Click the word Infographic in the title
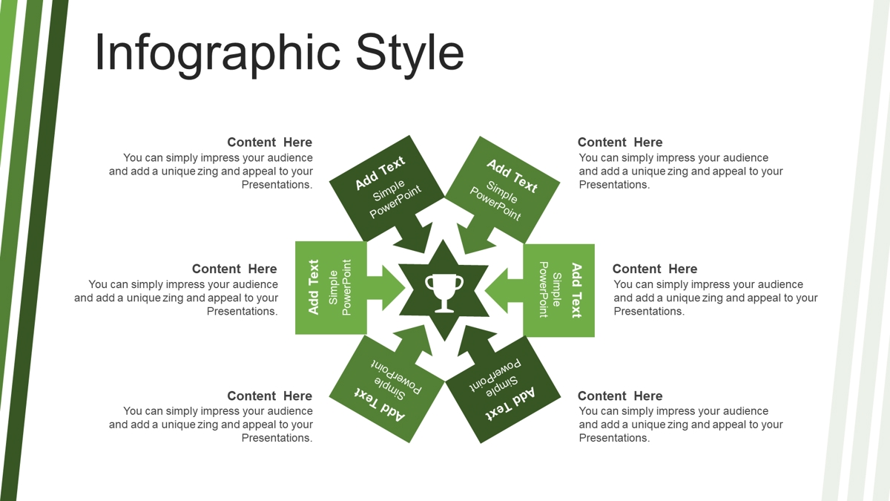218,53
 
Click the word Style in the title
409,53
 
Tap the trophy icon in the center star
444,292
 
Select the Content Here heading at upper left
269,142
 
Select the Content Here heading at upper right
620,142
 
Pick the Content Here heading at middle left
234,269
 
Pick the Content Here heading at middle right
655,269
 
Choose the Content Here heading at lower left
269,396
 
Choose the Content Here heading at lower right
620,396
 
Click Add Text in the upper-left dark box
380,172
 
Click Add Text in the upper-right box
512,176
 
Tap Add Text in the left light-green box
314,287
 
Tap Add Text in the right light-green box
576,290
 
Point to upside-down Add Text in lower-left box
380,404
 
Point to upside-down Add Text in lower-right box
510,404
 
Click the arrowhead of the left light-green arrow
393,288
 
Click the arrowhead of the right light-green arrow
496,291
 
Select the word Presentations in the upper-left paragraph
277,185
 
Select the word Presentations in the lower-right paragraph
614,438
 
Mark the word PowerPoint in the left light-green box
346,287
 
